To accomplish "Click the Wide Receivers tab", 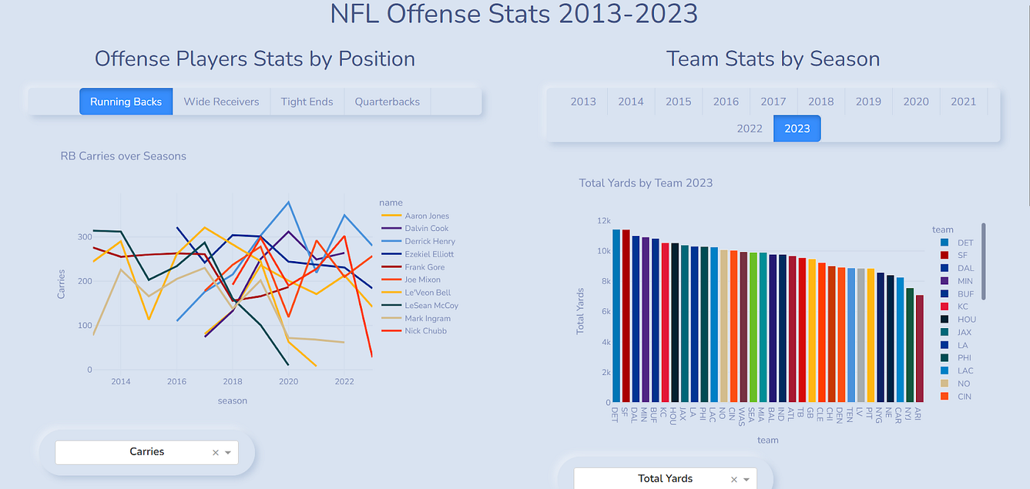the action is coord(221,101).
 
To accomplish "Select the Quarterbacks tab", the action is coord(387,101).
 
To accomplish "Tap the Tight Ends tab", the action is coord(307,101).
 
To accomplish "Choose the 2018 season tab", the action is coord(821,101).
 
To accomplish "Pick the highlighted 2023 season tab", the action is coord(797,128).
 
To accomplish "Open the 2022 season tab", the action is coord(750,128).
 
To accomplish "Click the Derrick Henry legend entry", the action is coord(419,241).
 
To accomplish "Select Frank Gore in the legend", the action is coord(413,267).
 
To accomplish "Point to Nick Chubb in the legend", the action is coord(413,331).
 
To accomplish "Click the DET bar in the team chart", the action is coord(617,315).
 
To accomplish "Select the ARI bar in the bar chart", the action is coord(920,349).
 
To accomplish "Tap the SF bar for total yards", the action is coord(626,316).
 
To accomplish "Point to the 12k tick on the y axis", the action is coord(604,221).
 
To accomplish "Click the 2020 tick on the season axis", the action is coord(288,382).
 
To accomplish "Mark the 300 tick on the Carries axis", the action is coord(85,237).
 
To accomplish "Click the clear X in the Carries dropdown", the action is coord(215,453).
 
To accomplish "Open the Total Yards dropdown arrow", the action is coord(746,479).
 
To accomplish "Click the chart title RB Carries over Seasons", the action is coord(124,156).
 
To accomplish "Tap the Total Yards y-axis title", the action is coord(580,311).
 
